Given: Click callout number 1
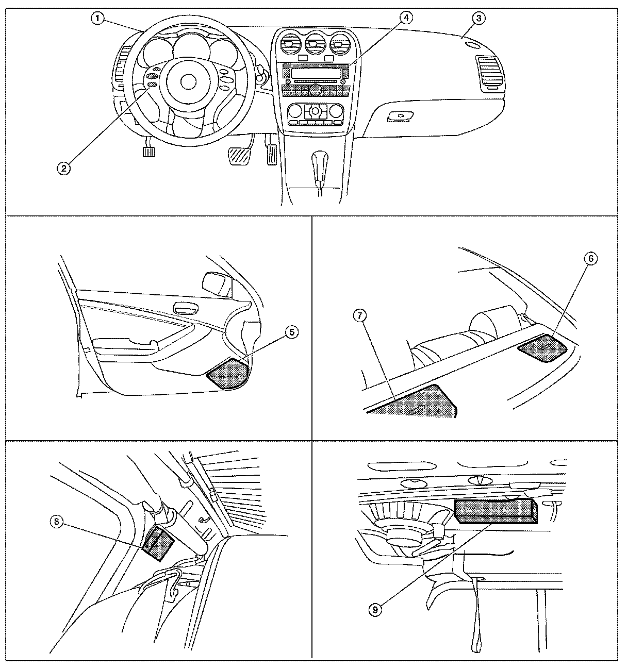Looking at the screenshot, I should click(x=98, y=19).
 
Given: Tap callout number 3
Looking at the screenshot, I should click(x=478, y=18).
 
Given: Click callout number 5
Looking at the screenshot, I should click(x=292, y=332).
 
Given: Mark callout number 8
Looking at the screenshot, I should click(x=57, y=522).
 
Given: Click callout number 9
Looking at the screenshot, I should click(x=376, y=609).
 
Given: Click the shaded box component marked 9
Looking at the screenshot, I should click(x=496, y=511).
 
